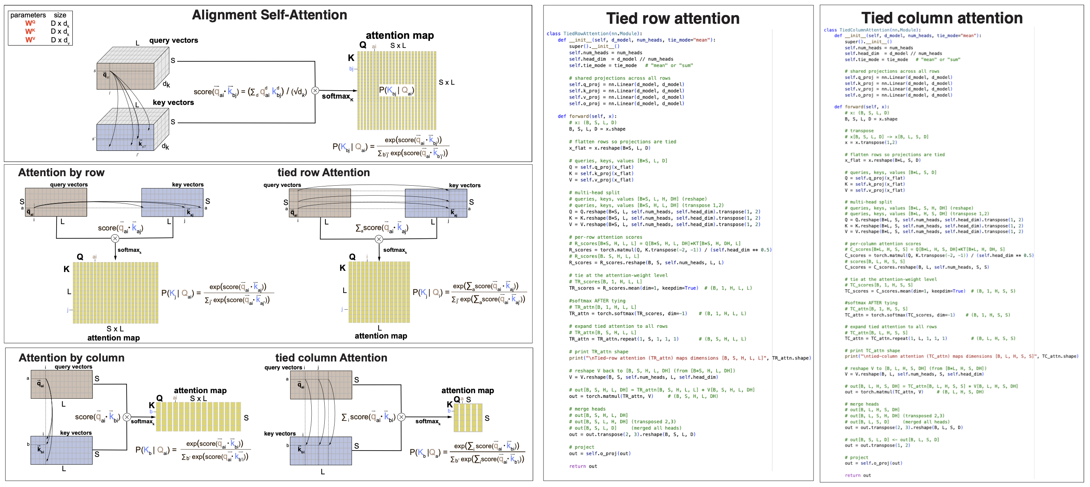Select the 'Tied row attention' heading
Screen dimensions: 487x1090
(672, 19)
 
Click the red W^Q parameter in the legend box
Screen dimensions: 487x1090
(30, 23)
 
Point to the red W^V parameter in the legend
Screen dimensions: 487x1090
(30, 40)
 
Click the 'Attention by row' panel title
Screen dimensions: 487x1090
(61, 173)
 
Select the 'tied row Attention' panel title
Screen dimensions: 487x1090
(323, 173)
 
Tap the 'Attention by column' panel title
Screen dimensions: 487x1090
(71, 358)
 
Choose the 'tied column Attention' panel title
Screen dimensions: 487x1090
(331, 358)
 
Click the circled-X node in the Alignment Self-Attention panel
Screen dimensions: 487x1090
(315, 91)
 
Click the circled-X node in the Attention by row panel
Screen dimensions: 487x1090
(115, 238)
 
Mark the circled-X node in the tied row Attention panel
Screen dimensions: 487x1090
(379, 239)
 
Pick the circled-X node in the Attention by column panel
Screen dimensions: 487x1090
(127, 417)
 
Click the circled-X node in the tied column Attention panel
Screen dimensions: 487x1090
(401, 417)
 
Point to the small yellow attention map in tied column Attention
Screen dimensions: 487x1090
(467, 418)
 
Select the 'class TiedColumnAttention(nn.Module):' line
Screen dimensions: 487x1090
(872, 30)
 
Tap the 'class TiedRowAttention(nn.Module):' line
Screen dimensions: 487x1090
(594, 33)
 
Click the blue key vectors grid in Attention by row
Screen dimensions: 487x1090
(172, 202)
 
